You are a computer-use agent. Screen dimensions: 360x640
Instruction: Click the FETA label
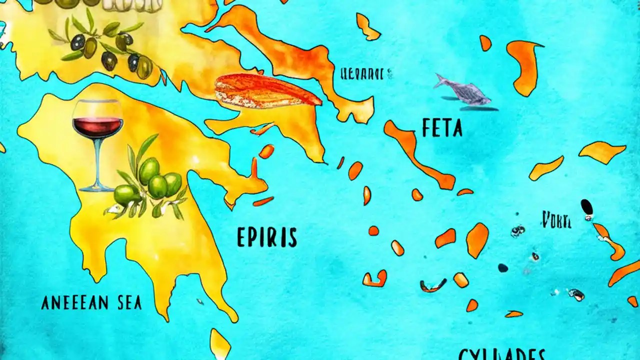click(x=442, y=128)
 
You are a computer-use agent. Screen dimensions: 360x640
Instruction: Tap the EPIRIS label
click(x=267, y=237)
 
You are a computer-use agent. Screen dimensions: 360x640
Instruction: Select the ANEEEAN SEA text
click(x=91, y=302)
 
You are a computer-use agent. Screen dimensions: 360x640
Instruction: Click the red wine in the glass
click(x=97, y=126)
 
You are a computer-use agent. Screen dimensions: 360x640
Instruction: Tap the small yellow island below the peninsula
click(x=220, y=343)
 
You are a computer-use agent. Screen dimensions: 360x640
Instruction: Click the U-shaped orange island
click(x=374, y=278)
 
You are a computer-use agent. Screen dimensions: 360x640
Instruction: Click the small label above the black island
click(x=556, y=219)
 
